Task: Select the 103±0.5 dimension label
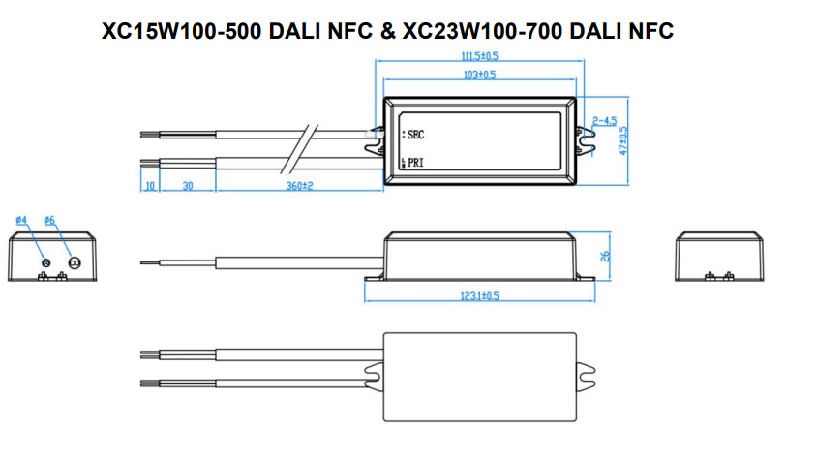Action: (480, 75)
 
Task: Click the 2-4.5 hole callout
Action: (605, 121)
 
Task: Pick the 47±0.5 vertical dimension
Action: (623, 140)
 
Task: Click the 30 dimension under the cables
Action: (188, 185)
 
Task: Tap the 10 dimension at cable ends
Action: (150, 185)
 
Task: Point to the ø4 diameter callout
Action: (21, 221)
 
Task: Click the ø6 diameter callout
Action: (49, 221)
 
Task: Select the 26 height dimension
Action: (605, 257)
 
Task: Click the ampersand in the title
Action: (387, 32)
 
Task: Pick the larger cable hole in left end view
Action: (73, 261)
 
